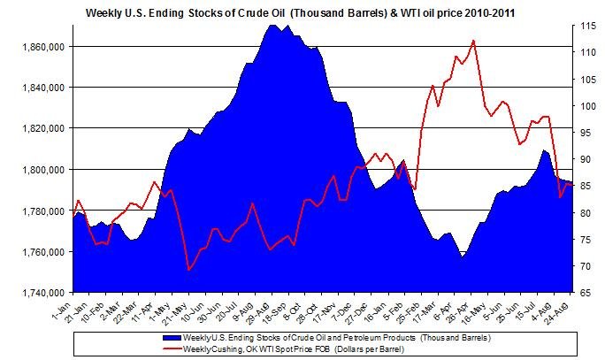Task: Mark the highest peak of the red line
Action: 475,41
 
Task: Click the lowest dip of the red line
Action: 188,269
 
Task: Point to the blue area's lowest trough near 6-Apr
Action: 461,257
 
